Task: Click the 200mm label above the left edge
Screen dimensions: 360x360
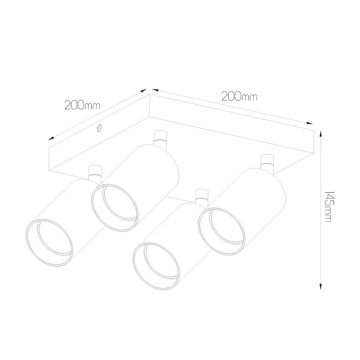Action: [x=82, y=105]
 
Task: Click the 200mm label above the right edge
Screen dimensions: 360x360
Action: [x=239, y=96]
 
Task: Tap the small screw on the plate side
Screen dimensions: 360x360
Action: [x=99, y=128]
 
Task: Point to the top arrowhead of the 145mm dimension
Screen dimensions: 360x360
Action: [x=321, y=134]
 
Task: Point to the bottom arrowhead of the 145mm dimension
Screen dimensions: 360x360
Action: [x=321, y=287]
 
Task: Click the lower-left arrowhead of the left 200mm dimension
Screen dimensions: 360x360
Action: [x=51, y=139]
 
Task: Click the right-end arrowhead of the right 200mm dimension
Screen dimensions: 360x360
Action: [x=310, y=123]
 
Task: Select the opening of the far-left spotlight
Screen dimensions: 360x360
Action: [x=50, y=243]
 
